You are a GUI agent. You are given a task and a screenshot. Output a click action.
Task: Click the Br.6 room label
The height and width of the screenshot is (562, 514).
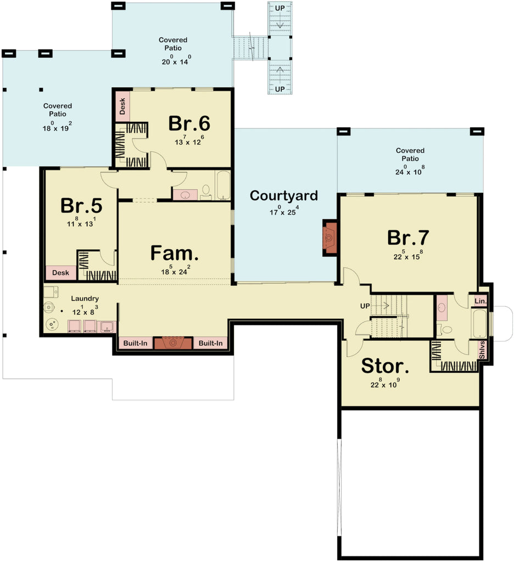189,123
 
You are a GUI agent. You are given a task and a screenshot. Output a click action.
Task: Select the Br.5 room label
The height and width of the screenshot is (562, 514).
81,205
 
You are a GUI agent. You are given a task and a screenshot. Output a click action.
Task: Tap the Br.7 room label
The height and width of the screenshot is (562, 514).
408,238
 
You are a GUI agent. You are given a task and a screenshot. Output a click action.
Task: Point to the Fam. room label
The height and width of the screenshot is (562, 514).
174,254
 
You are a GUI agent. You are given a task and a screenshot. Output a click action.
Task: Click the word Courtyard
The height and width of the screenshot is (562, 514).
283,196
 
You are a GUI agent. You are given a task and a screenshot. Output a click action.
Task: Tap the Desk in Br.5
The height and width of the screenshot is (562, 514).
60,273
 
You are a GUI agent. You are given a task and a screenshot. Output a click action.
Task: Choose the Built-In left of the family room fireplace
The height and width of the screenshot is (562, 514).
135,344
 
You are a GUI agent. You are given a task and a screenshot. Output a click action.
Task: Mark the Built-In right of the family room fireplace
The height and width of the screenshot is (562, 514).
211,344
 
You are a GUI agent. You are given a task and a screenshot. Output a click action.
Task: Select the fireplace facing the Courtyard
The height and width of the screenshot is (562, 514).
330,237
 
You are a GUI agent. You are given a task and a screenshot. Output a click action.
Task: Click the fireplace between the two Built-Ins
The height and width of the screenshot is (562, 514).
173,344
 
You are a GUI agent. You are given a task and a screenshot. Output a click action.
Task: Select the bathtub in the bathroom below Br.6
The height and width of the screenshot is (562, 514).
222,186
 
